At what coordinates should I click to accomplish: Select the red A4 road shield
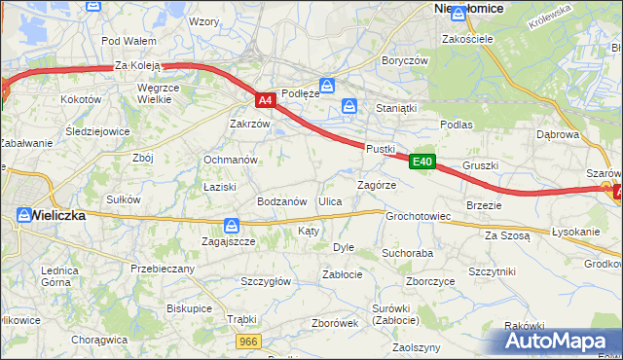point(265,99)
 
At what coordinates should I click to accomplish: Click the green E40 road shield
point(421,162)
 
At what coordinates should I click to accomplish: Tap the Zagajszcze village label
point(229,240)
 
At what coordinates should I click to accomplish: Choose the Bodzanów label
point(281,201)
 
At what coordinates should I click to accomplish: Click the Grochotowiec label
point(418,216)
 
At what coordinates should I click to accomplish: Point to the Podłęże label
point(299,93)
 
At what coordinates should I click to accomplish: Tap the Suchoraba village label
point(407,253)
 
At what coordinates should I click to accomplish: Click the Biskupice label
point(189,307)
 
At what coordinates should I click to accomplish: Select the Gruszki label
point(481,165)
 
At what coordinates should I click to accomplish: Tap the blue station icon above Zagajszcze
point(230,224)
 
